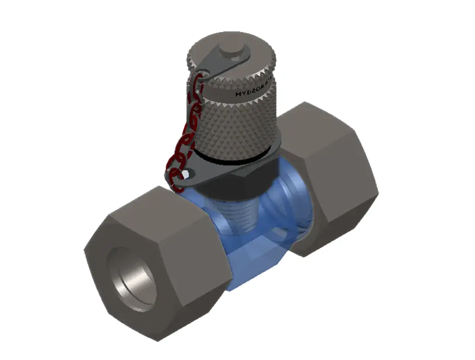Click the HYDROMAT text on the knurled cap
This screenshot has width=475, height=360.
coord(253,90)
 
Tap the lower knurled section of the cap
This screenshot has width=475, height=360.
coord(237,125)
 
